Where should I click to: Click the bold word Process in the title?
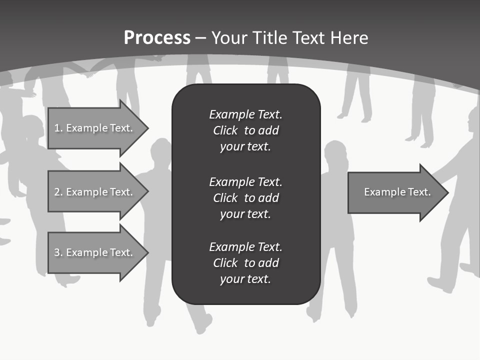157,38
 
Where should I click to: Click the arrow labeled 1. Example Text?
95,128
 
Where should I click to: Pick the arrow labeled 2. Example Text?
95,192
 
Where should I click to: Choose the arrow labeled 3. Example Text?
95,252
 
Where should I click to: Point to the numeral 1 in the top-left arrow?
57,128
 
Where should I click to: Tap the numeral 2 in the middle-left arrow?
57,192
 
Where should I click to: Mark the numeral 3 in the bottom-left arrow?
57,252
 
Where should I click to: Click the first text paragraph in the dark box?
245,130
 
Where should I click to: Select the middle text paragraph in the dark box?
245,197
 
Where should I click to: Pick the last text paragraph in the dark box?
245,262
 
